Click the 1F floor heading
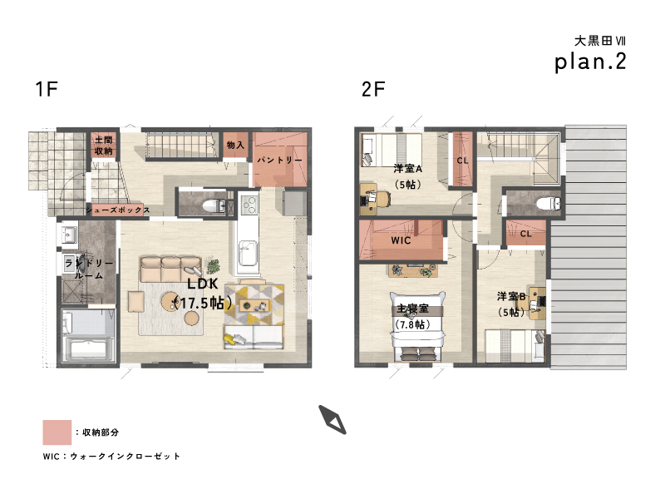(47, 89)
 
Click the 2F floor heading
(373, 89)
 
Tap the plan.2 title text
(590, 62)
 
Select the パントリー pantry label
(280, 160)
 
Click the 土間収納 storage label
(103, 145)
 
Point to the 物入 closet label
(235, 145)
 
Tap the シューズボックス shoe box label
(118, 210)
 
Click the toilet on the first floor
(214, 206)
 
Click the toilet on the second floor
(549, 203)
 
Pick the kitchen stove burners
(249, 205)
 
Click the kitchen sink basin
(248, 252)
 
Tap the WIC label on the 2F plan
(401, 240)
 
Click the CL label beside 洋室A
(462, 161)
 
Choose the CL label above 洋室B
(525, 234)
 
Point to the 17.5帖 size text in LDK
(203, 303)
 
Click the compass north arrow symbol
(332, 420)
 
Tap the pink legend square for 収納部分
(57, 432)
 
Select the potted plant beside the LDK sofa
(213, 267)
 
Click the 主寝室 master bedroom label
(412, 309)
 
